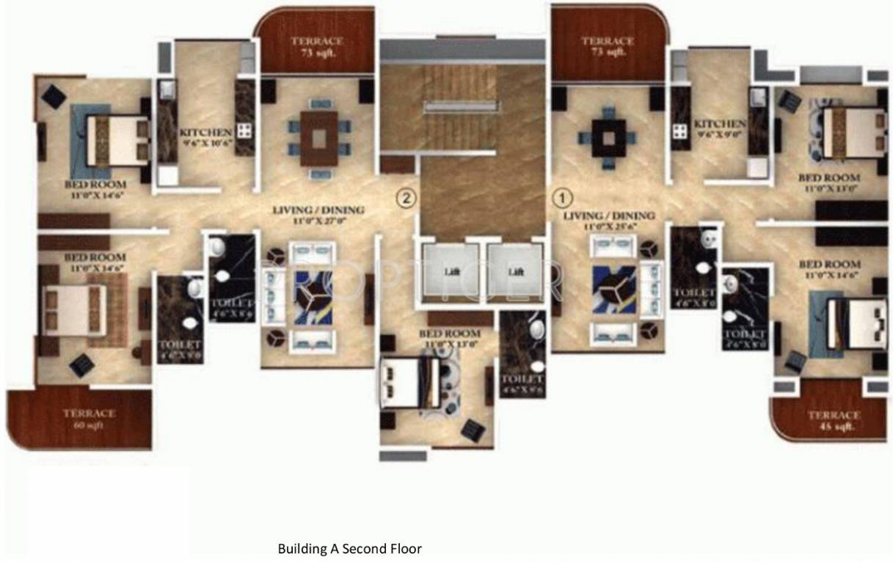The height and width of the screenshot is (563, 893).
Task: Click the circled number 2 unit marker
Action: point(406,197)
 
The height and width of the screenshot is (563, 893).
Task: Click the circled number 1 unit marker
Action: point(562,197)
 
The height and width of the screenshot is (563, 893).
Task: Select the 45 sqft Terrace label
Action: point(834,420)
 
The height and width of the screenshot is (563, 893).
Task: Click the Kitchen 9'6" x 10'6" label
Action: point(205,136)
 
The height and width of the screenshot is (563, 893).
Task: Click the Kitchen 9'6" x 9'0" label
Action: point(720,129)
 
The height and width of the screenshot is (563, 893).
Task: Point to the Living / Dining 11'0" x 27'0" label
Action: point(318,215)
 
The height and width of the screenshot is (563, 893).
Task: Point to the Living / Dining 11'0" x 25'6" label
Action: point(608,221)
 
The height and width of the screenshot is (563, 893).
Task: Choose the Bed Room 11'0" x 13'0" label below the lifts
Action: point(449,338)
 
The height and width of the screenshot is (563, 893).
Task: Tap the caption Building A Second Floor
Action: point(350,548)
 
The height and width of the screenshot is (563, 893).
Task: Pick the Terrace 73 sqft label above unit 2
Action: point(316,46)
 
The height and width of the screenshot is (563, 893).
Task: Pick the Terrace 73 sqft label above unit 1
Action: point(608,45)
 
